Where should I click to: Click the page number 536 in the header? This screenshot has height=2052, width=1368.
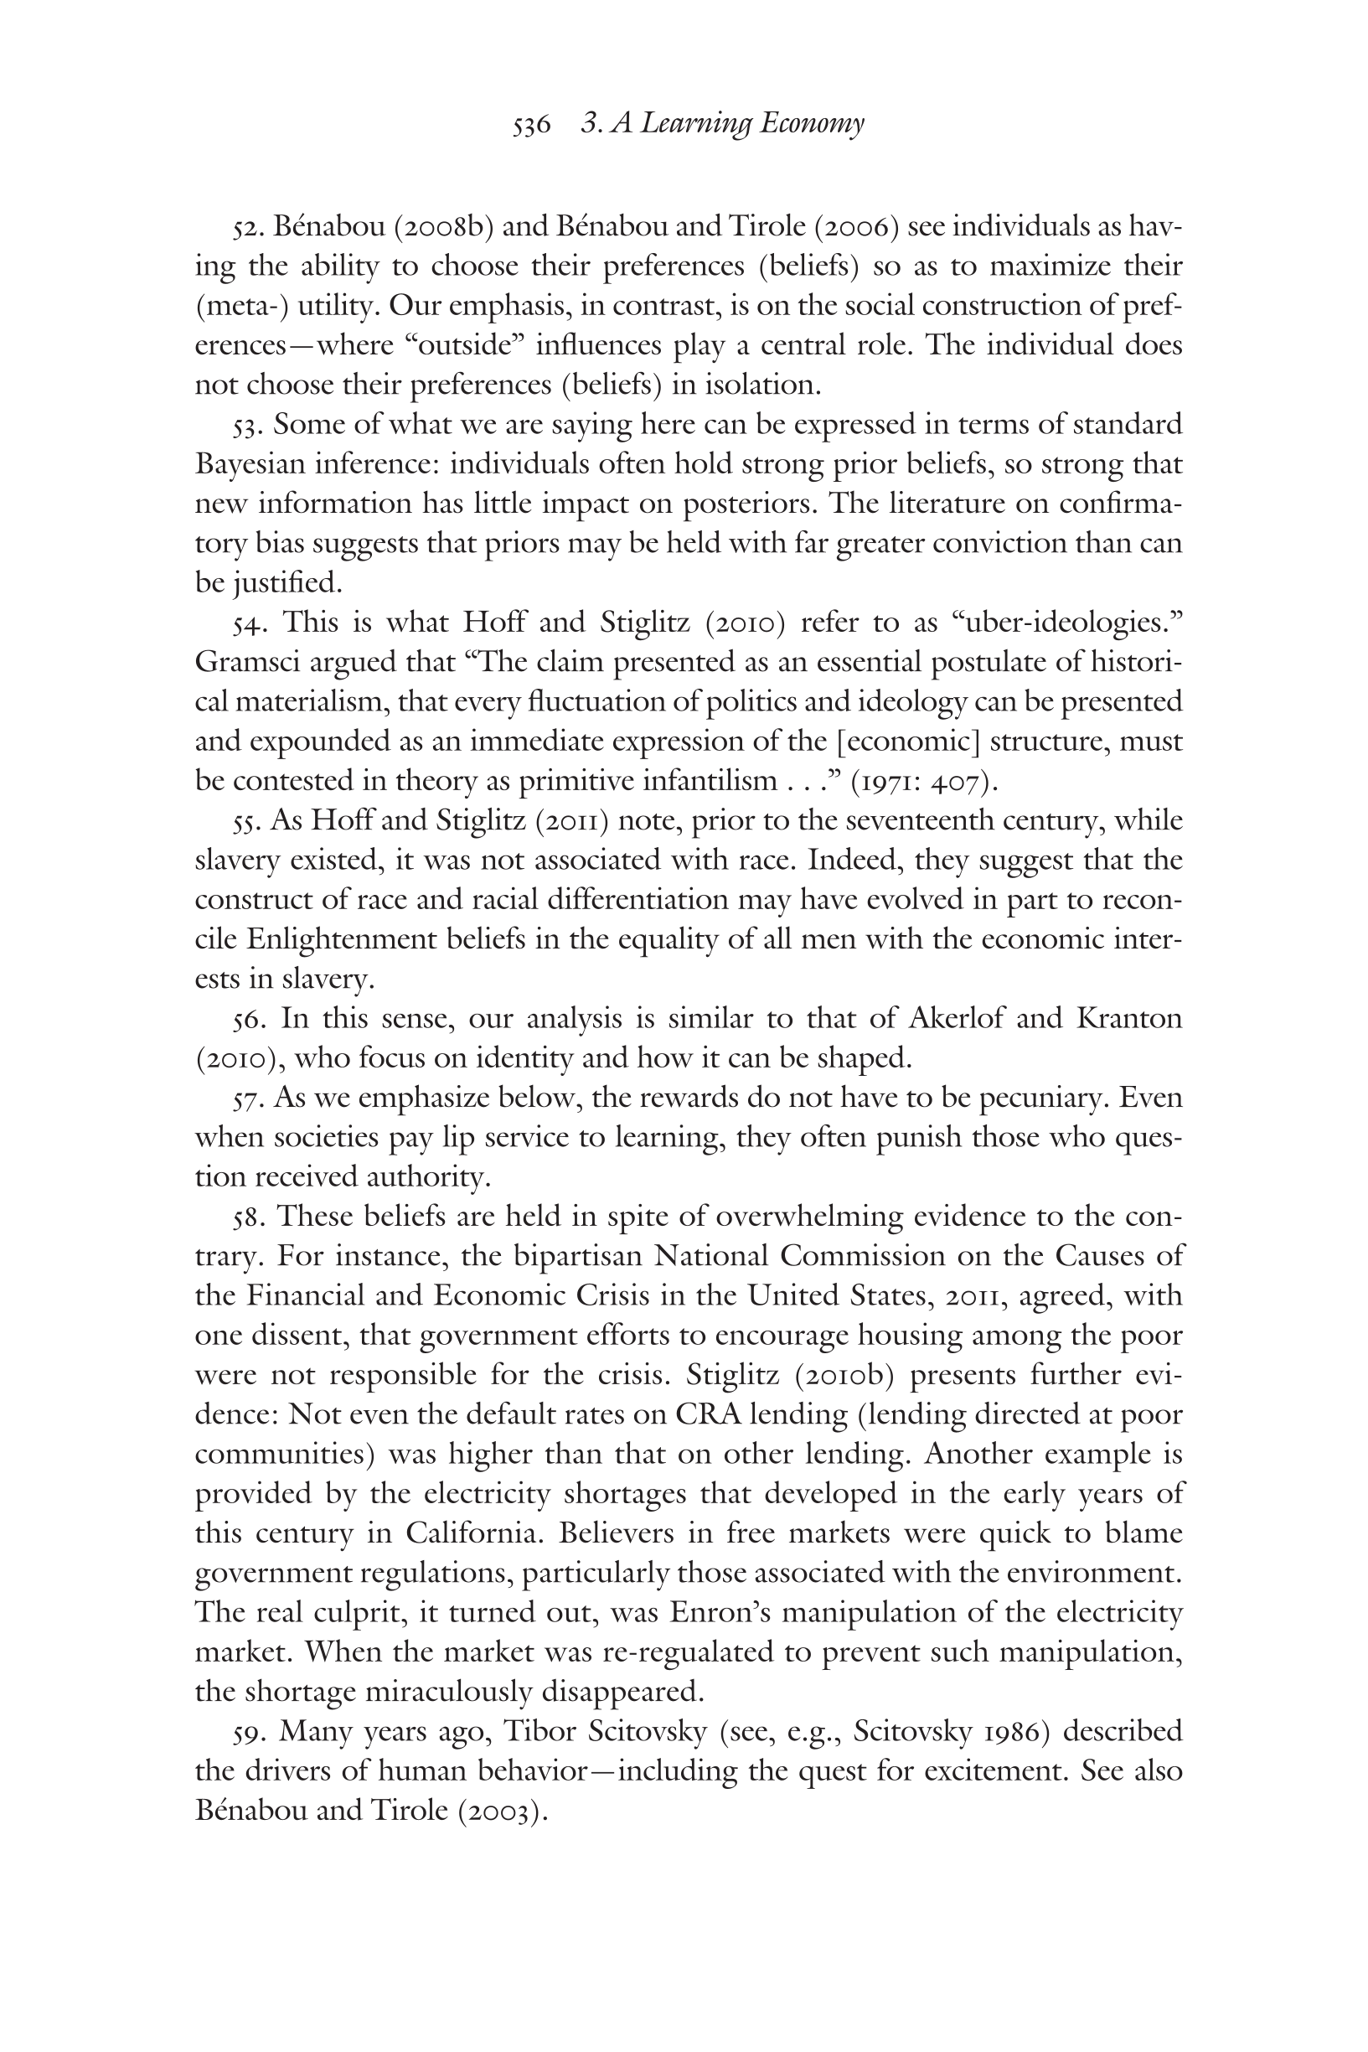pyautogui.click(x=531, y=125)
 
